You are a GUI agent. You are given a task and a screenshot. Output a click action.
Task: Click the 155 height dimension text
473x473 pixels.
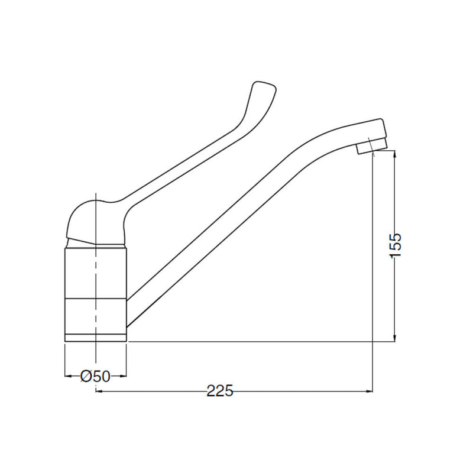coord(396,244)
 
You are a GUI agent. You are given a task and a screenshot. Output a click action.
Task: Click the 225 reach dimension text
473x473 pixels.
coord(220,391)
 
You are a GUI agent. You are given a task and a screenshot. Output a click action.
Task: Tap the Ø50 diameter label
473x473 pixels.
coord(95,376)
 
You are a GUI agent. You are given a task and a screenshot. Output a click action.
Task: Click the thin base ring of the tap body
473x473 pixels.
coord(95,337)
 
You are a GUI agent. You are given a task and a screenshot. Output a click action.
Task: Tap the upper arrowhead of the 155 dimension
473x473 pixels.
coord(395,155)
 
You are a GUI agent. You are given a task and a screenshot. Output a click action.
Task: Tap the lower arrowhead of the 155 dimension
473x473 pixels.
coord(395,336)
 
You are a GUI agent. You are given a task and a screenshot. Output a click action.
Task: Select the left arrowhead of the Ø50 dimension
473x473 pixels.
coord(68,375)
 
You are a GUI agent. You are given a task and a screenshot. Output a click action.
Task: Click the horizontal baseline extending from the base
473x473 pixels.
coord(248,341)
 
